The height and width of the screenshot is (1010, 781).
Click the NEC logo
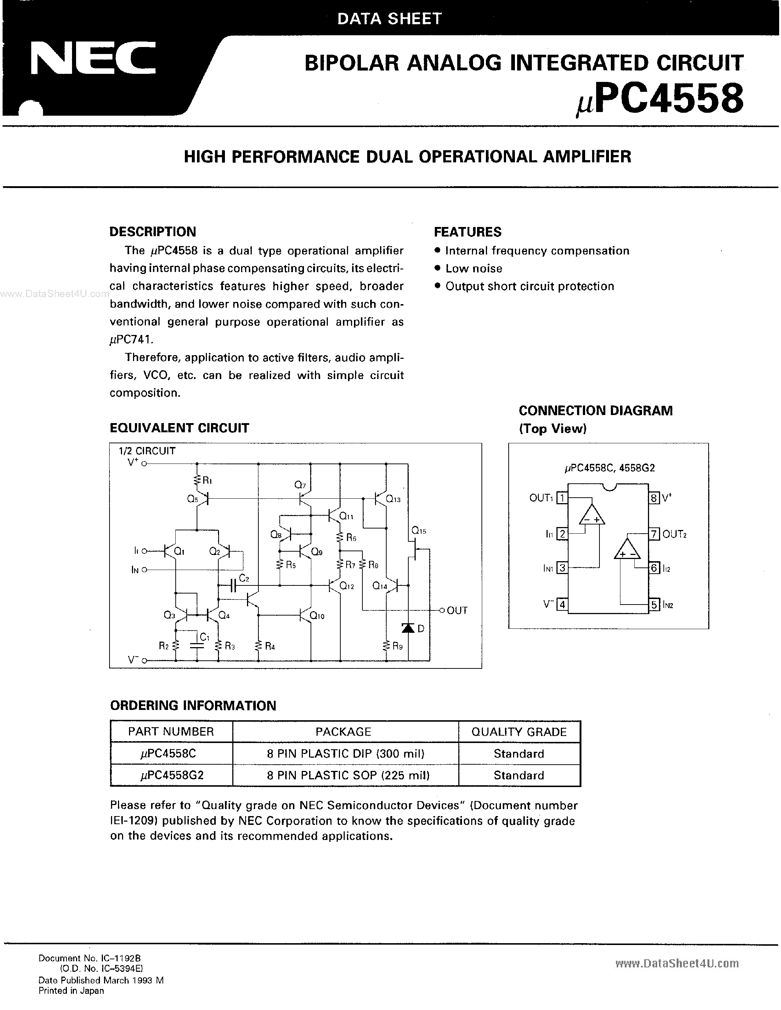93,59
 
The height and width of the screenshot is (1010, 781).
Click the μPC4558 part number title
659,100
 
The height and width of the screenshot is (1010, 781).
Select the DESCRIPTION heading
153,232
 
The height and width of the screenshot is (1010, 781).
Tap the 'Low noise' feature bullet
473,269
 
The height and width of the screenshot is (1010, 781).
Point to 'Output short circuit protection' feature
529,286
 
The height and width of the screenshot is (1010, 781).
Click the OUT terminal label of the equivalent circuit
457,610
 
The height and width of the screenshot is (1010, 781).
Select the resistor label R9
397,646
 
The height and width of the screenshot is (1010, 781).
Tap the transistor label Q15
418,531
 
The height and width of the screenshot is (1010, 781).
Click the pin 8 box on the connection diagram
653,498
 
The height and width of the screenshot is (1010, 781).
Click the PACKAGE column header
343,732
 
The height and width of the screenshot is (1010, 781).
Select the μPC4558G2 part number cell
172,775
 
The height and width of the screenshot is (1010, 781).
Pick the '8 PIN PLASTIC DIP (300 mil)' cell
345,754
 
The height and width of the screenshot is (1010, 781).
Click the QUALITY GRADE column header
519,732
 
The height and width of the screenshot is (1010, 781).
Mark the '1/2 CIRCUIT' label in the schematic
147,451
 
